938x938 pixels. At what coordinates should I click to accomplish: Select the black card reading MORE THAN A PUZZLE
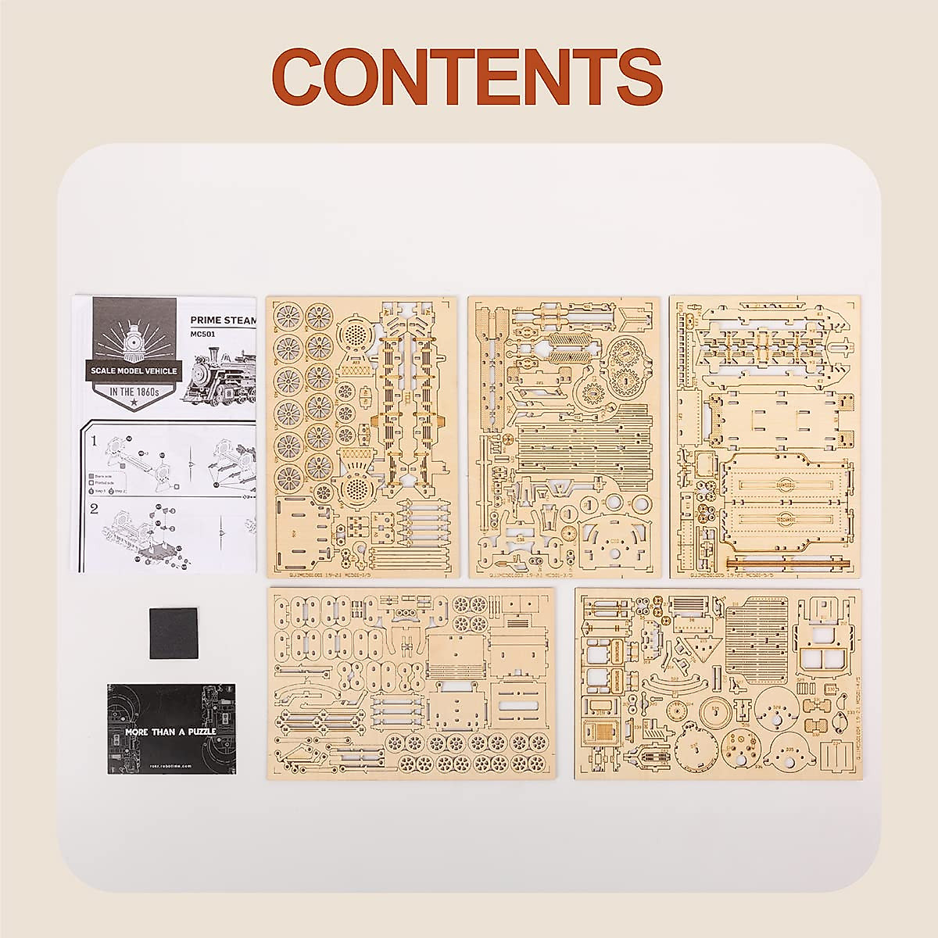[170, 729]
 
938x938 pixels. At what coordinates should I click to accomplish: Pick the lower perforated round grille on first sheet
[356, 489]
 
